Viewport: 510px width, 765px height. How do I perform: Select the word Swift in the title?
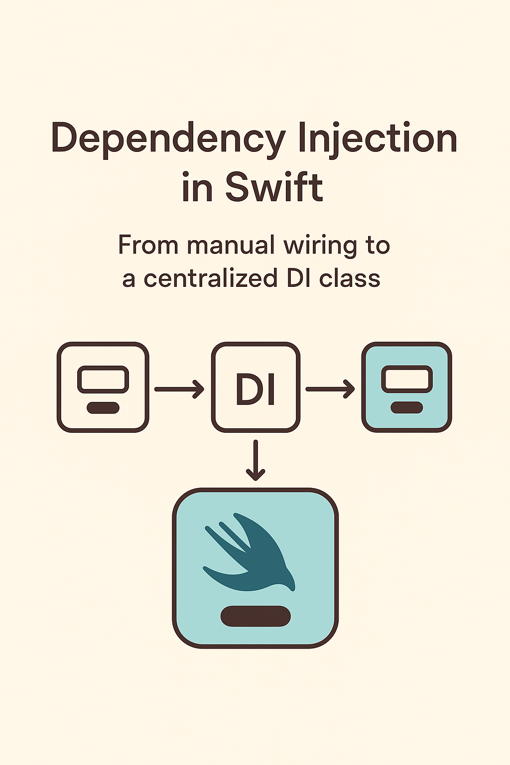tap(274, 187)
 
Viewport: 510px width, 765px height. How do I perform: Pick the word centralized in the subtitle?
tap(210, 278)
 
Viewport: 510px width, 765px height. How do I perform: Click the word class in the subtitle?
tap(350, 278)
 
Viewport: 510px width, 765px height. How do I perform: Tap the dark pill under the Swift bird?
tap(255, 616)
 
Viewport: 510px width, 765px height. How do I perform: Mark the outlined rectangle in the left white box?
tap(103, 380)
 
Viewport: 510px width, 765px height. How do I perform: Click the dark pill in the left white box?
tap(103, 408)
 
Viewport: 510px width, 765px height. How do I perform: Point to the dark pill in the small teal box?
tap(407, 408)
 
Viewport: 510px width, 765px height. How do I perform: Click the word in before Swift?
tap(198, 188)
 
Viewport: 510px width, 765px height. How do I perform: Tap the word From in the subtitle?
tap(148, 246)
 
